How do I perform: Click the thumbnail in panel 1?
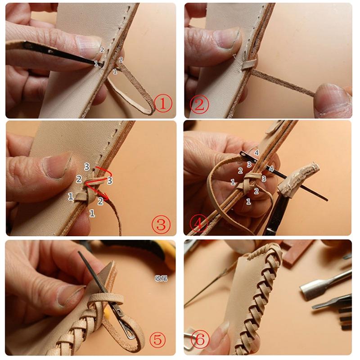[x=88, y=45]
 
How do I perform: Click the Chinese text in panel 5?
[x=161, y=278]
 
